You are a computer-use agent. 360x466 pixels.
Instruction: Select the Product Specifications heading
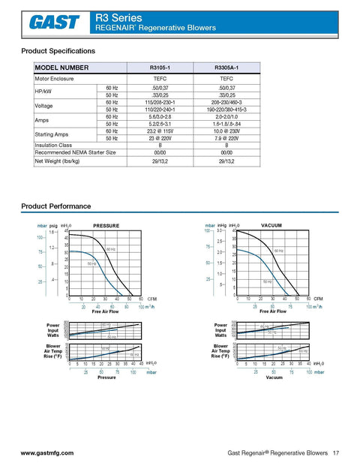click(58, 51)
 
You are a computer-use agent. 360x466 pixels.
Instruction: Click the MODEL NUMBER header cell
click(61, 68)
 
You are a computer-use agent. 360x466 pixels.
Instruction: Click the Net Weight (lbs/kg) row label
click(58, 161)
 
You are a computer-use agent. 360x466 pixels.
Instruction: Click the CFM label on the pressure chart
click(152, 299)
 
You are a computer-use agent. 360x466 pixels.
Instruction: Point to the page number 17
click(336, 453)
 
